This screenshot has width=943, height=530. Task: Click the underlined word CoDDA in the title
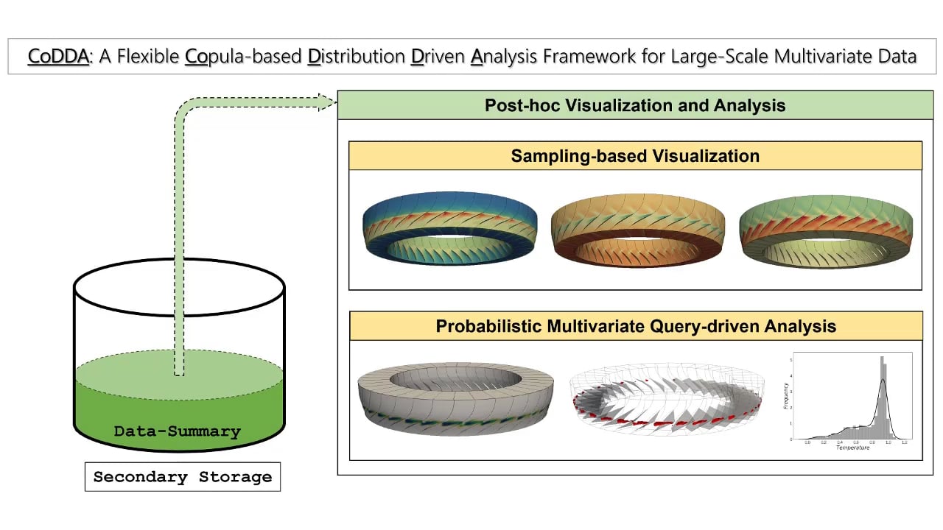pyautogui.click(x=58, y=56)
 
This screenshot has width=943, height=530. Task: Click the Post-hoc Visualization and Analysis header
pyautogui.click(x=635, y=105)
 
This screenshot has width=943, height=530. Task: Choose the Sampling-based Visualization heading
pyautogui.click(x=635, y=156)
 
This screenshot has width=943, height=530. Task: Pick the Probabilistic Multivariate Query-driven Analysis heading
pyautogui.click(x=635, y=326)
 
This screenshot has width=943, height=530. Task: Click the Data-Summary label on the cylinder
pyautogui.click(x=178, y=431)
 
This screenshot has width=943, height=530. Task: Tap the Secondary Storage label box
pyautogui.click(x=182, y=477)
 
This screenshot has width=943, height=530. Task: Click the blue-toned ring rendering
pyautogui.click(x=449, y=220)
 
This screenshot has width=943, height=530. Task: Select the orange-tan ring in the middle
pyautogui.click(x=638, y=220)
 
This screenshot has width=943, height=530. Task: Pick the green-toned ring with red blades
pyautogui.click(x=826, y=220)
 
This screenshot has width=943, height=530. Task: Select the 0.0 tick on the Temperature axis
pyautogui.click(x=807, y=442)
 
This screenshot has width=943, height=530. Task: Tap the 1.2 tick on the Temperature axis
pyautogui.click(x=905, y=442)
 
